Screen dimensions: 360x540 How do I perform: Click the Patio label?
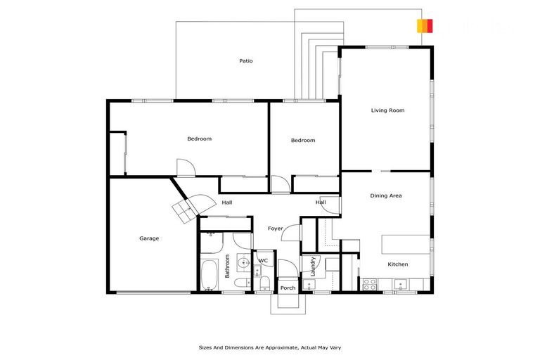click(245, 61)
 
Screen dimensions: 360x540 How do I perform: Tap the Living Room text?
click(387, 110)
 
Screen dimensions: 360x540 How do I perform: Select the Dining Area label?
click(386, 195)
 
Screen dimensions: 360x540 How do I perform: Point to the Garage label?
click(149, 238)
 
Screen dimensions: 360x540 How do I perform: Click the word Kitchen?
click(398, 264)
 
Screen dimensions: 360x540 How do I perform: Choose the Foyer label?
click(275, 229)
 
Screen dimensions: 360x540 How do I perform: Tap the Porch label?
click(288, 288)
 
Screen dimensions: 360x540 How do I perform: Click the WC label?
click(263, 261)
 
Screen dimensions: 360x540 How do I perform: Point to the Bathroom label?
click(227, 265)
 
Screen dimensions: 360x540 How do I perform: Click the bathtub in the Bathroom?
click(210, 275)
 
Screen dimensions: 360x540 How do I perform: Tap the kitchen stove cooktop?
click(370, 285)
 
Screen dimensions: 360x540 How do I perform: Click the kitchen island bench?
click(406, 244)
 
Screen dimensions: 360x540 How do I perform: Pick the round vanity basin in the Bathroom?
click(243, 263)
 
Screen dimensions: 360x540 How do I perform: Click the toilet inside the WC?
click(264, 283)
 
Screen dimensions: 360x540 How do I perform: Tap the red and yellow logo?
click(424, 26)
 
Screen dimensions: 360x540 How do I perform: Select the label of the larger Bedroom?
click(199, 139)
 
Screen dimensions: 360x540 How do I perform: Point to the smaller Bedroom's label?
click(303, 141)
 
